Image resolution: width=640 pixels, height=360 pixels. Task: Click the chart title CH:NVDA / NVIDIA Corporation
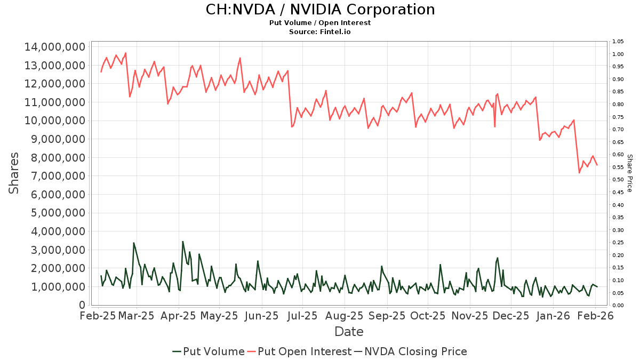[x=320, y=10]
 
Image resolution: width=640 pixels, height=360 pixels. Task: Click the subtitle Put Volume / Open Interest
[x=320, y=23]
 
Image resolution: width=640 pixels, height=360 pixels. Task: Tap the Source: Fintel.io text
[x=320, y=32]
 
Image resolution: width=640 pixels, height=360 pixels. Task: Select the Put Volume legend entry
[x=209, y=351]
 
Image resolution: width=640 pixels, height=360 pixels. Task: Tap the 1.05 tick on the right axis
[x=618, y=42]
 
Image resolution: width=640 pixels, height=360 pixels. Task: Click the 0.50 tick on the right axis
[x=618, y=180]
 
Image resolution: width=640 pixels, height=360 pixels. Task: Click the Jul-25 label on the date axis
[x=302, y=316]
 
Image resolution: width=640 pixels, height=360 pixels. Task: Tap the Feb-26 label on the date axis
[x=595, y=316]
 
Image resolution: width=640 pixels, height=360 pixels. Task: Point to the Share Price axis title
[x=629, y=173]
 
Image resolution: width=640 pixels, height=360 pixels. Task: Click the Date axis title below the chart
[x=349, y=332]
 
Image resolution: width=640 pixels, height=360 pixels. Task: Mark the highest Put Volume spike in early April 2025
[x=182, y=242]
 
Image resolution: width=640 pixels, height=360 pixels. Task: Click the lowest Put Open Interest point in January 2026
[x=579, y=173]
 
